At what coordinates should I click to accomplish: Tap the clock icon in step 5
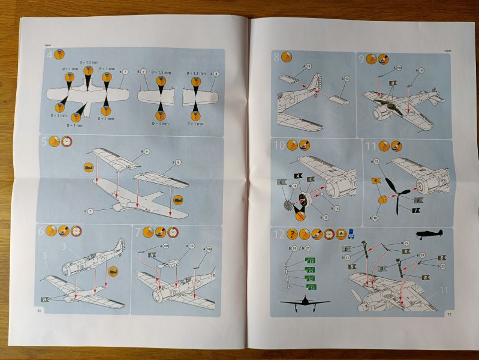click(67, 143)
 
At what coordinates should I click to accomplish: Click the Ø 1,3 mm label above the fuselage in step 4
click(88, 63)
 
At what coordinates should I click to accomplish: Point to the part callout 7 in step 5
click(91, 211)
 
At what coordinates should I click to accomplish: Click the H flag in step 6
click(45, 298)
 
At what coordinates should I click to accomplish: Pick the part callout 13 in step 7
click(191, 246)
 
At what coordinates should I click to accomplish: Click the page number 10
click(40, 310)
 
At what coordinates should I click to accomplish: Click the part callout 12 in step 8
click(347, 79)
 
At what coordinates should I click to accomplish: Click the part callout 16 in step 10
click(336, 208)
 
